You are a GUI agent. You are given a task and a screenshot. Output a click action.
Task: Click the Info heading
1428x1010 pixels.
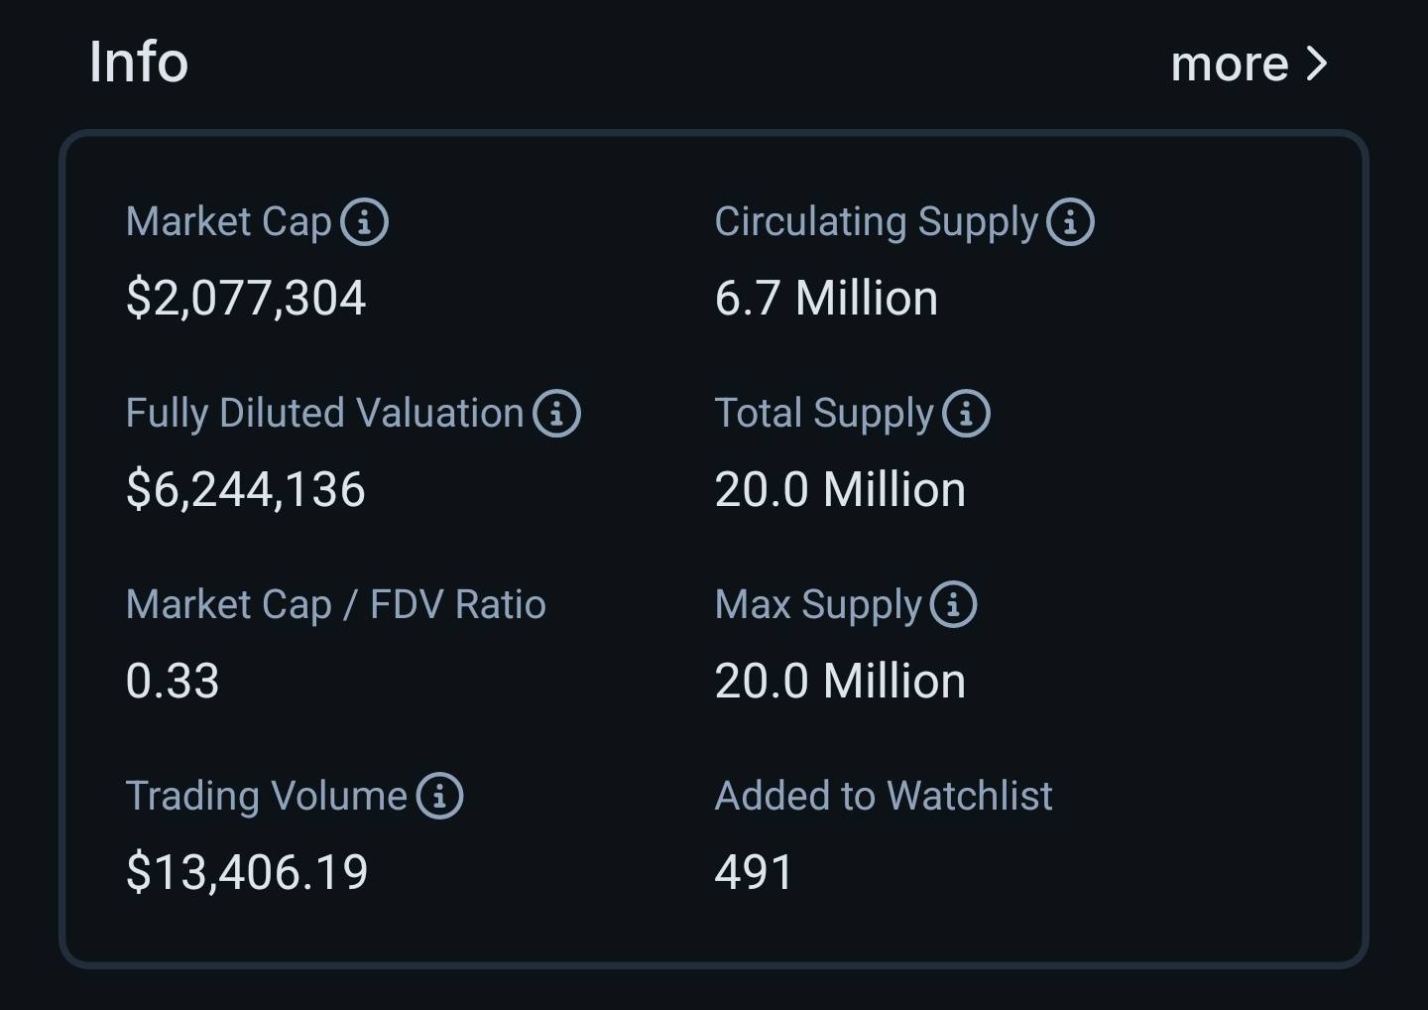(x=138, y=62)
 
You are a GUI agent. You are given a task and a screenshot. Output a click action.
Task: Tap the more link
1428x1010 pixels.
(x=1230, y=64)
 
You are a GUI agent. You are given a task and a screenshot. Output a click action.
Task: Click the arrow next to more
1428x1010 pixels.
(x=1317, y=64)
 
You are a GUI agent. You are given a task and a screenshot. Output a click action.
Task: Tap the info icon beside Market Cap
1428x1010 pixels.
(x=364, y=221)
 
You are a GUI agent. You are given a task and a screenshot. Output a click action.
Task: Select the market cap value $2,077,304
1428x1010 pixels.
(x=246, y=298)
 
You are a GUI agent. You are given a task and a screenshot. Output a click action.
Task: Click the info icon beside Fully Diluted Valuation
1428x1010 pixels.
(x=556, y=413)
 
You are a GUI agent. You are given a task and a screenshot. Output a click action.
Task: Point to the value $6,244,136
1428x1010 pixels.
(x=246, y=489)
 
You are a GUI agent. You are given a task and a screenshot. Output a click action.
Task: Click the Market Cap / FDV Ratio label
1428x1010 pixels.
(x=335, y=604)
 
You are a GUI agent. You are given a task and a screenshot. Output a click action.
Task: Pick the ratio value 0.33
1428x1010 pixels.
(x=173, y=681)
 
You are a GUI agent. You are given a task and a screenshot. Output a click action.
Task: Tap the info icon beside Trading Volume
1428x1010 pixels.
(x=439, y=796)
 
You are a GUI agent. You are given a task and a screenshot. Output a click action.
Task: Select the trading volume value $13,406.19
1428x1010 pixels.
(x=247, y=872)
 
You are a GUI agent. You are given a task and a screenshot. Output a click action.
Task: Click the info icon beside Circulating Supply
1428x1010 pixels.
(x=1070, y=221)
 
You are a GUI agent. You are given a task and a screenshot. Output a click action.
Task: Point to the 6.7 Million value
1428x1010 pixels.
(x=826, y=298)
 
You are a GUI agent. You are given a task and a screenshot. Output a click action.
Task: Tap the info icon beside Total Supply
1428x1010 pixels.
(x=966, y=413)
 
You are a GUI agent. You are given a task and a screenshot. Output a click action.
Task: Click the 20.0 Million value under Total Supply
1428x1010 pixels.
(x=840, y=489)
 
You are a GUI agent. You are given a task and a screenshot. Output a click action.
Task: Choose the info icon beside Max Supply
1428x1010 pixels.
(x=953, y=604)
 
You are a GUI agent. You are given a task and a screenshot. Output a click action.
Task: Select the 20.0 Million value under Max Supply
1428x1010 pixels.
(x=840, y=681)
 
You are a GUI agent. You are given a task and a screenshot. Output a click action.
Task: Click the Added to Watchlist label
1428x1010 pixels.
(x=883, y=796)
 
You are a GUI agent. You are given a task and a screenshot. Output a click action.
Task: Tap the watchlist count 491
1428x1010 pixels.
(x=754, y=872)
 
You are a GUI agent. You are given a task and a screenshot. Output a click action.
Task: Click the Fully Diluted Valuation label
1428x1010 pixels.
(x=324, y=413)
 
